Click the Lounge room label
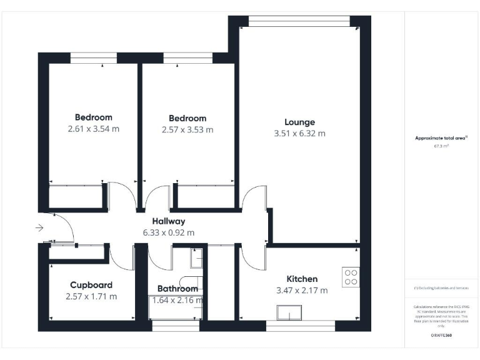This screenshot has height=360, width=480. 299,122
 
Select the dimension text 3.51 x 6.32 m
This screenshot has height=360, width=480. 299,134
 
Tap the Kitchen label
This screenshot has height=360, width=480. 302,279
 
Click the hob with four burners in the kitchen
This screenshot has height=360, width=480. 351,276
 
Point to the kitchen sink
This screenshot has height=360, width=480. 289,312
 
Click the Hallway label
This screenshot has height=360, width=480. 169,221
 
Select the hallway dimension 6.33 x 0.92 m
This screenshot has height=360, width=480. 169,232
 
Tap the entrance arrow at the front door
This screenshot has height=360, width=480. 40,228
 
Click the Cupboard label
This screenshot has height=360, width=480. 91,285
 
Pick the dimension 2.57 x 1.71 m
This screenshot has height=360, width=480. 91,296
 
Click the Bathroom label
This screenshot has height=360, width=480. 177,289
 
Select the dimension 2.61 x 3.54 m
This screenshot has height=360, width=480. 93,129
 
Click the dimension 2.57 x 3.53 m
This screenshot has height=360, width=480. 187,130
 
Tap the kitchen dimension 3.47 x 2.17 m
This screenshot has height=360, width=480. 302,290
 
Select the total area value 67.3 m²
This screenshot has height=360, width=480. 441,146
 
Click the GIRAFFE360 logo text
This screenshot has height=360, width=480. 441,336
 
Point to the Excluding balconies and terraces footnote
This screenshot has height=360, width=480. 441,288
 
